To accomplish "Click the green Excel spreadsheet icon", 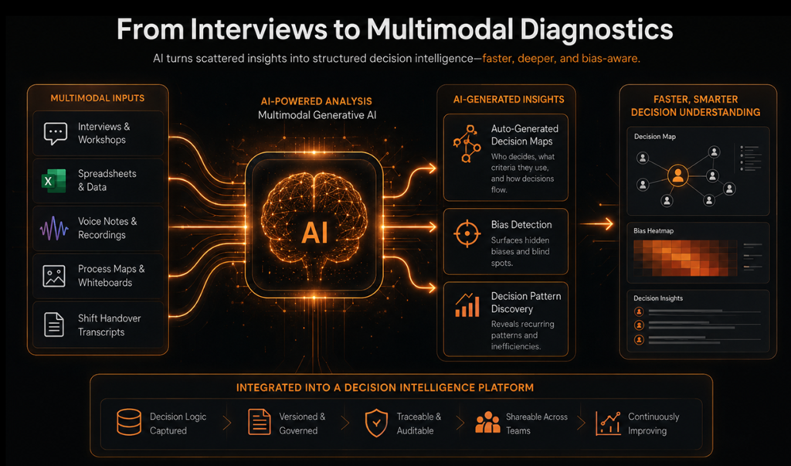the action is point(53,181).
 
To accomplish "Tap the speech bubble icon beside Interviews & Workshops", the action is point(56,133).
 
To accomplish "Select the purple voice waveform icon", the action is point(54,229).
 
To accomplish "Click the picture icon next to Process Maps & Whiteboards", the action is point(54,276).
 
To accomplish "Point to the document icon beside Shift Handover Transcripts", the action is point(54,325).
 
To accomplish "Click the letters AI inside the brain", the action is point(314,233).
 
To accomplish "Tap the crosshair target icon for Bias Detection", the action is point(467,233).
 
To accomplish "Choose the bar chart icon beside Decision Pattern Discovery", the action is point(467,305).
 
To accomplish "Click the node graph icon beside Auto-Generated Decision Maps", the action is point(467,144).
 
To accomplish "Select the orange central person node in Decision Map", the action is point(677,175).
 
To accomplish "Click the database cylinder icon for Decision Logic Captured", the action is point(129,422).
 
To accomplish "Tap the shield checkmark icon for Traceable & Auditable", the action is point(376,423).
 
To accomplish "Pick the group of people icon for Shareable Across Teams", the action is point(487,422).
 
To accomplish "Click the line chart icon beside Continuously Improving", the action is point(608,423).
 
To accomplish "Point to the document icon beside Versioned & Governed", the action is point(260,422).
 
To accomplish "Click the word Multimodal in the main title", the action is point(440,29).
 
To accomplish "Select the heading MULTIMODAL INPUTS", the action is point(97,98).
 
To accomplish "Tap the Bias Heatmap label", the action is point(654,231).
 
